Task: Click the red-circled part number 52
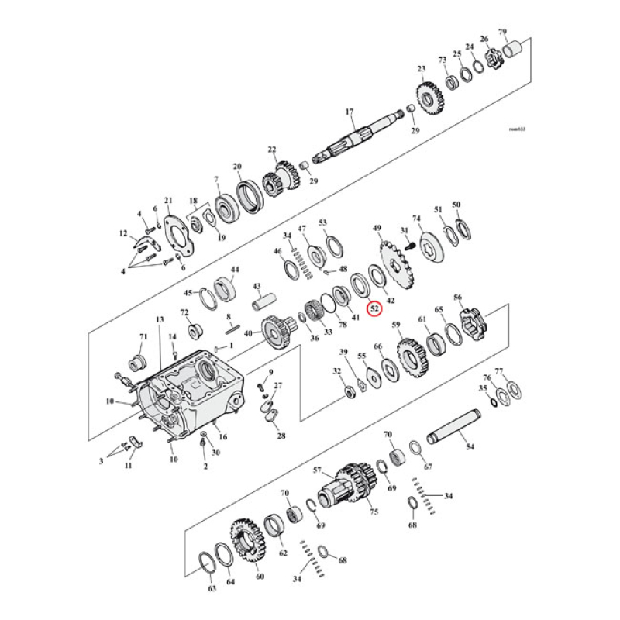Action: click(374, 308)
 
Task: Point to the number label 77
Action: click(499, 371)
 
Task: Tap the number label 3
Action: click(101, 462)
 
